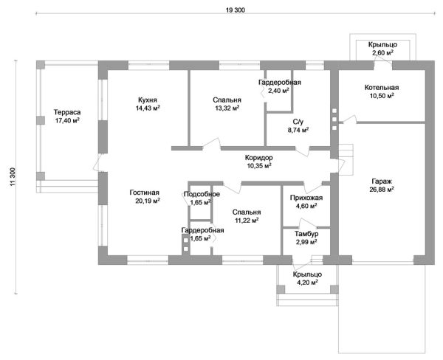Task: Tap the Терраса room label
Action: [66, 112]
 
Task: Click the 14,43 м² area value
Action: [148, 108]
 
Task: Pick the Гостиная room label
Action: [145, 193]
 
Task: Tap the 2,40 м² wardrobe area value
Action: [280, 91]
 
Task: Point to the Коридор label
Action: [258, 158]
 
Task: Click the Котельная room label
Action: [381, 87]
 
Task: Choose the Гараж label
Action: [381, 181]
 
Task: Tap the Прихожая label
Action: [301, 198]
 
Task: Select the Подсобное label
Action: [202, 194]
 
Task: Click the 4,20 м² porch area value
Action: [306, 282]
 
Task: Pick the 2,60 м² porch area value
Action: [382, 53]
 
